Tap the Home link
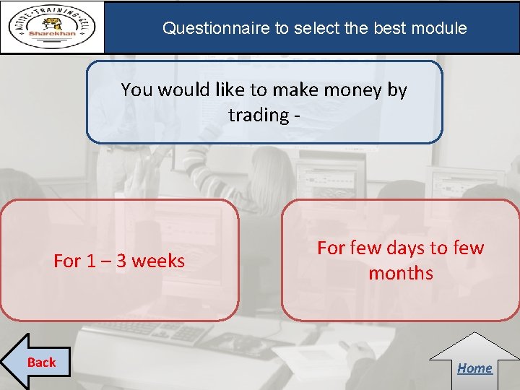click(474, 368)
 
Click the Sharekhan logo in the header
click(53, 27)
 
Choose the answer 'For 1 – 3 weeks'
click(119, 261)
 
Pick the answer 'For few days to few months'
click(401, 260)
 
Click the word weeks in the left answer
click(160, 261)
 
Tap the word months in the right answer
click(401, 273)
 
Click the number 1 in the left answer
click(89, 261)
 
